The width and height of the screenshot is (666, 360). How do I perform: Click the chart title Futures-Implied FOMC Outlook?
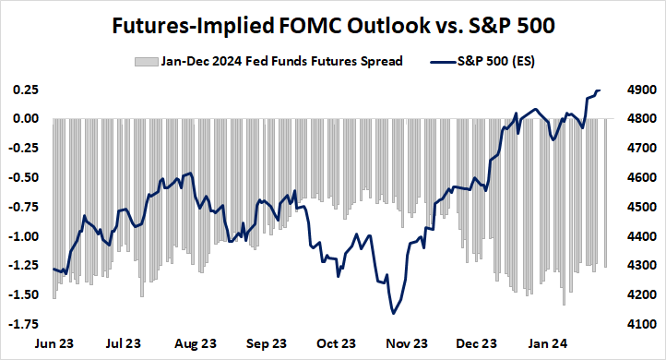pyautogui.click(x=333, y=24)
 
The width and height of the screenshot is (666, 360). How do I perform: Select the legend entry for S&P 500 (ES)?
pyautogui.click(x=485, y=62)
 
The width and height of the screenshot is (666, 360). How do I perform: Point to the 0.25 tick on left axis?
pyautogui.click(x=25, y=90)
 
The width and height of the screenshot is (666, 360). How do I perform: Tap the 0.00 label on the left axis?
pyautogui.click(x=25, y=119)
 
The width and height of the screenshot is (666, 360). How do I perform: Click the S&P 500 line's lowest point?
pyautogui.click(x=394, y=314)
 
